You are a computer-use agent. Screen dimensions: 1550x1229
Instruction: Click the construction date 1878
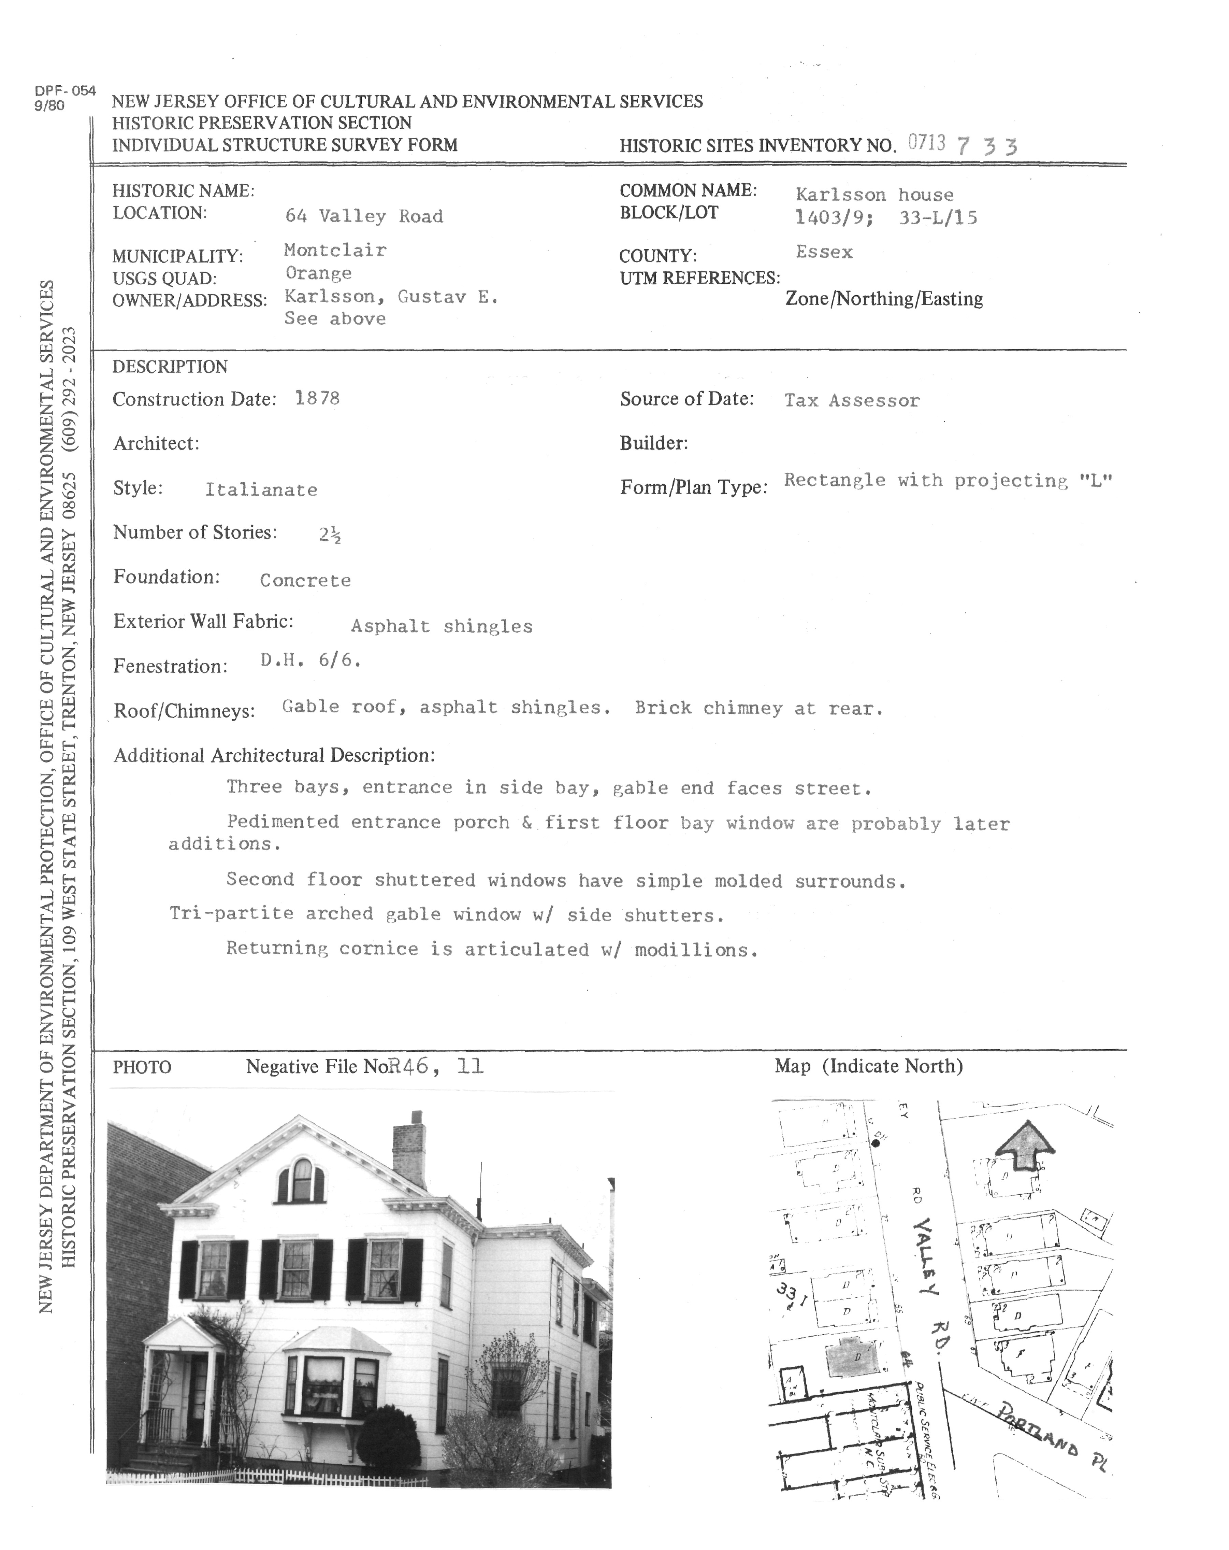tap(317, 398)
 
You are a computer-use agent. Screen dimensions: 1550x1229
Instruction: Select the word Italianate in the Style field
tap(261, 489)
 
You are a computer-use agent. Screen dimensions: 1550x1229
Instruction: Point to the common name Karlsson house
tap(874, 195)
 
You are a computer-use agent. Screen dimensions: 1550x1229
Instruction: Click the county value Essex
tap(824, 252)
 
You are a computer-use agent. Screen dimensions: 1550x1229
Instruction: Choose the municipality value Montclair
tap(335, 250)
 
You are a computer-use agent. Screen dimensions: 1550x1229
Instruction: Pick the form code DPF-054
tap(65, 91)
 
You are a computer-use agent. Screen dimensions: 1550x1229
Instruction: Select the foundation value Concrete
tap(305, 580)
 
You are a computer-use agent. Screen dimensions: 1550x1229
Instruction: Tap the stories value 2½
tap(330, 534)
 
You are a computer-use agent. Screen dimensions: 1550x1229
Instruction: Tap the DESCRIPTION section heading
tap(170, 367)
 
